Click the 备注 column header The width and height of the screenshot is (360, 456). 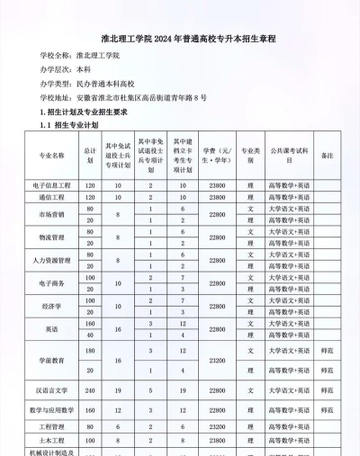point(327,155)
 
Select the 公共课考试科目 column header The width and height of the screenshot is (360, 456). point(289,155)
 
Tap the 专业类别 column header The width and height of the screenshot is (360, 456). point(250,155)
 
